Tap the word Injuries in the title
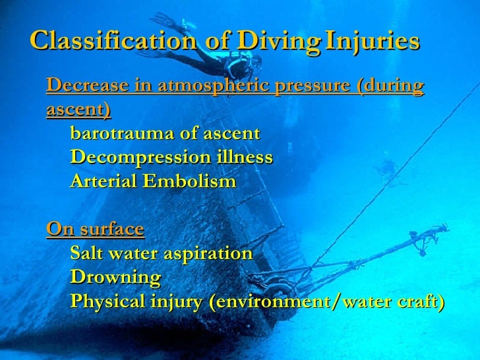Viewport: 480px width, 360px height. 373,41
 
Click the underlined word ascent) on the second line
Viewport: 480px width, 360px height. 78,109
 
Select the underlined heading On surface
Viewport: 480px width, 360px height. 95,229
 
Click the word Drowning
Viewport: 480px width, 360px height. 115,277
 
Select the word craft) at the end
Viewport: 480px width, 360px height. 419,301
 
